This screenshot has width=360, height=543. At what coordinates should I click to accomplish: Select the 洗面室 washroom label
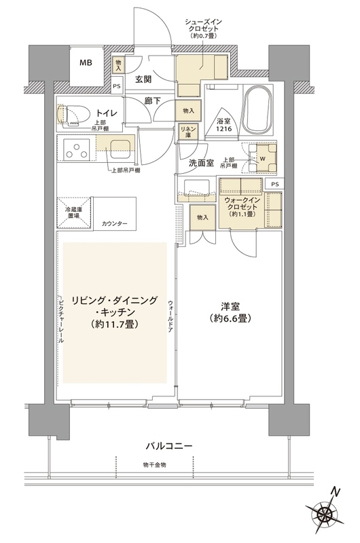pyautogui.click(x=202, y=163)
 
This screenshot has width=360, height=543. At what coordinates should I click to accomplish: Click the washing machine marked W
pyautogui.click(x=262, y=160)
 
